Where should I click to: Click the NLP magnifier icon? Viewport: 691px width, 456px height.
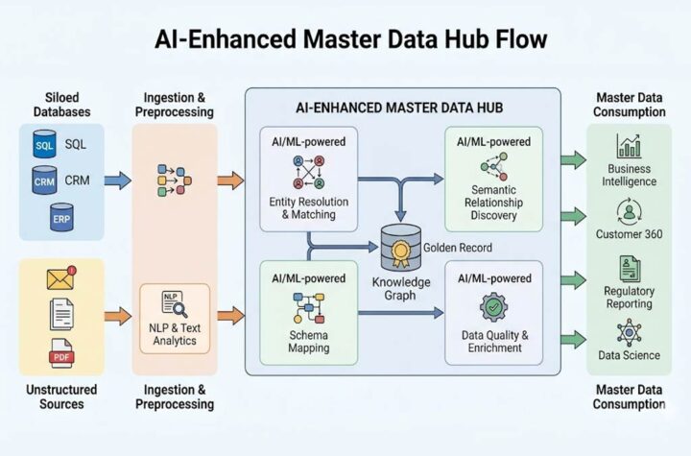[x=174, y=305]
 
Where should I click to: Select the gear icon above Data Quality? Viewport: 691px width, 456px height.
[x=494, y=305]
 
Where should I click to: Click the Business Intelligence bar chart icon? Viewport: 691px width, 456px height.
[x=629, y=147]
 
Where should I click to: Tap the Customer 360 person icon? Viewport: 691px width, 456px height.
[x=629, y=210]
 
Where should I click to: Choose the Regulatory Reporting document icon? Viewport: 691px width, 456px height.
[x=629, y=268]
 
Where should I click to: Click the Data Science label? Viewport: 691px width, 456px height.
[x=629, y=355]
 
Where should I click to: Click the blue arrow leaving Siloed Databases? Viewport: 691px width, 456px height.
[x=117, y=179]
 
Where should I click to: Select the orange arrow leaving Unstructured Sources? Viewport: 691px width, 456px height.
[x=117, y=314]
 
